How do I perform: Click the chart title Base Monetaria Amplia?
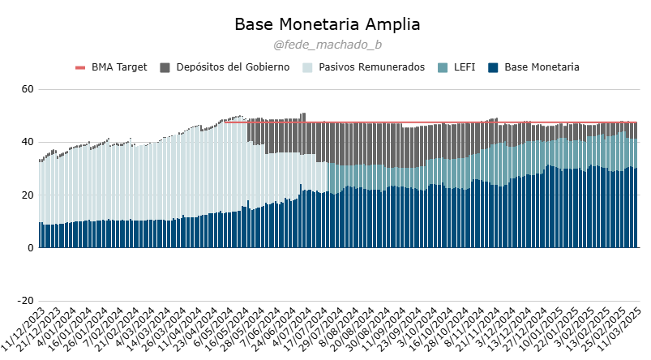[328, 24]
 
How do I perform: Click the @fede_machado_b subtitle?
[328, 45]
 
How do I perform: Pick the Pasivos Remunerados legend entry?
[374, 67]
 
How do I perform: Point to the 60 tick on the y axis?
[26, 89]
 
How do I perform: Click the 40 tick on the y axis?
[26, 142]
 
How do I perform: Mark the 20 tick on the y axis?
[26, 195]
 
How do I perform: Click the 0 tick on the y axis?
[29, 249]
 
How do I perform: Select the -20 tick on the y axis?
[24, 302]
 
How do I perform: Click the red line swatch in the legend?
[80, 67]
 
